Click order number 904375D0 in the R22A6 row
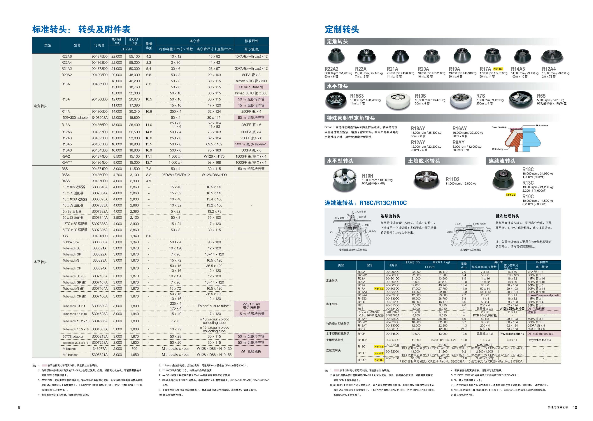pos(99,56)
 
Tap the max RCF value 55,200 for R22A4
pos(134,63)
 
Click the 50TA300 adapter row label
pos(76,118)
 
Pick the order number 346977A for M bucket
pos(99,349)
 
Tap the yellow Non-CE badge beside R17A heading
pos(498,69)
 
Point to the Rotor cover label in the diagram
pos(542,125)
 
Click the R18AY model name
pos(418,128)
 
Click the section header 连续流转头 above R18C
pos(502,161)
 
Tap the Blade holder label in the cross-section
pos(479,224)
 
